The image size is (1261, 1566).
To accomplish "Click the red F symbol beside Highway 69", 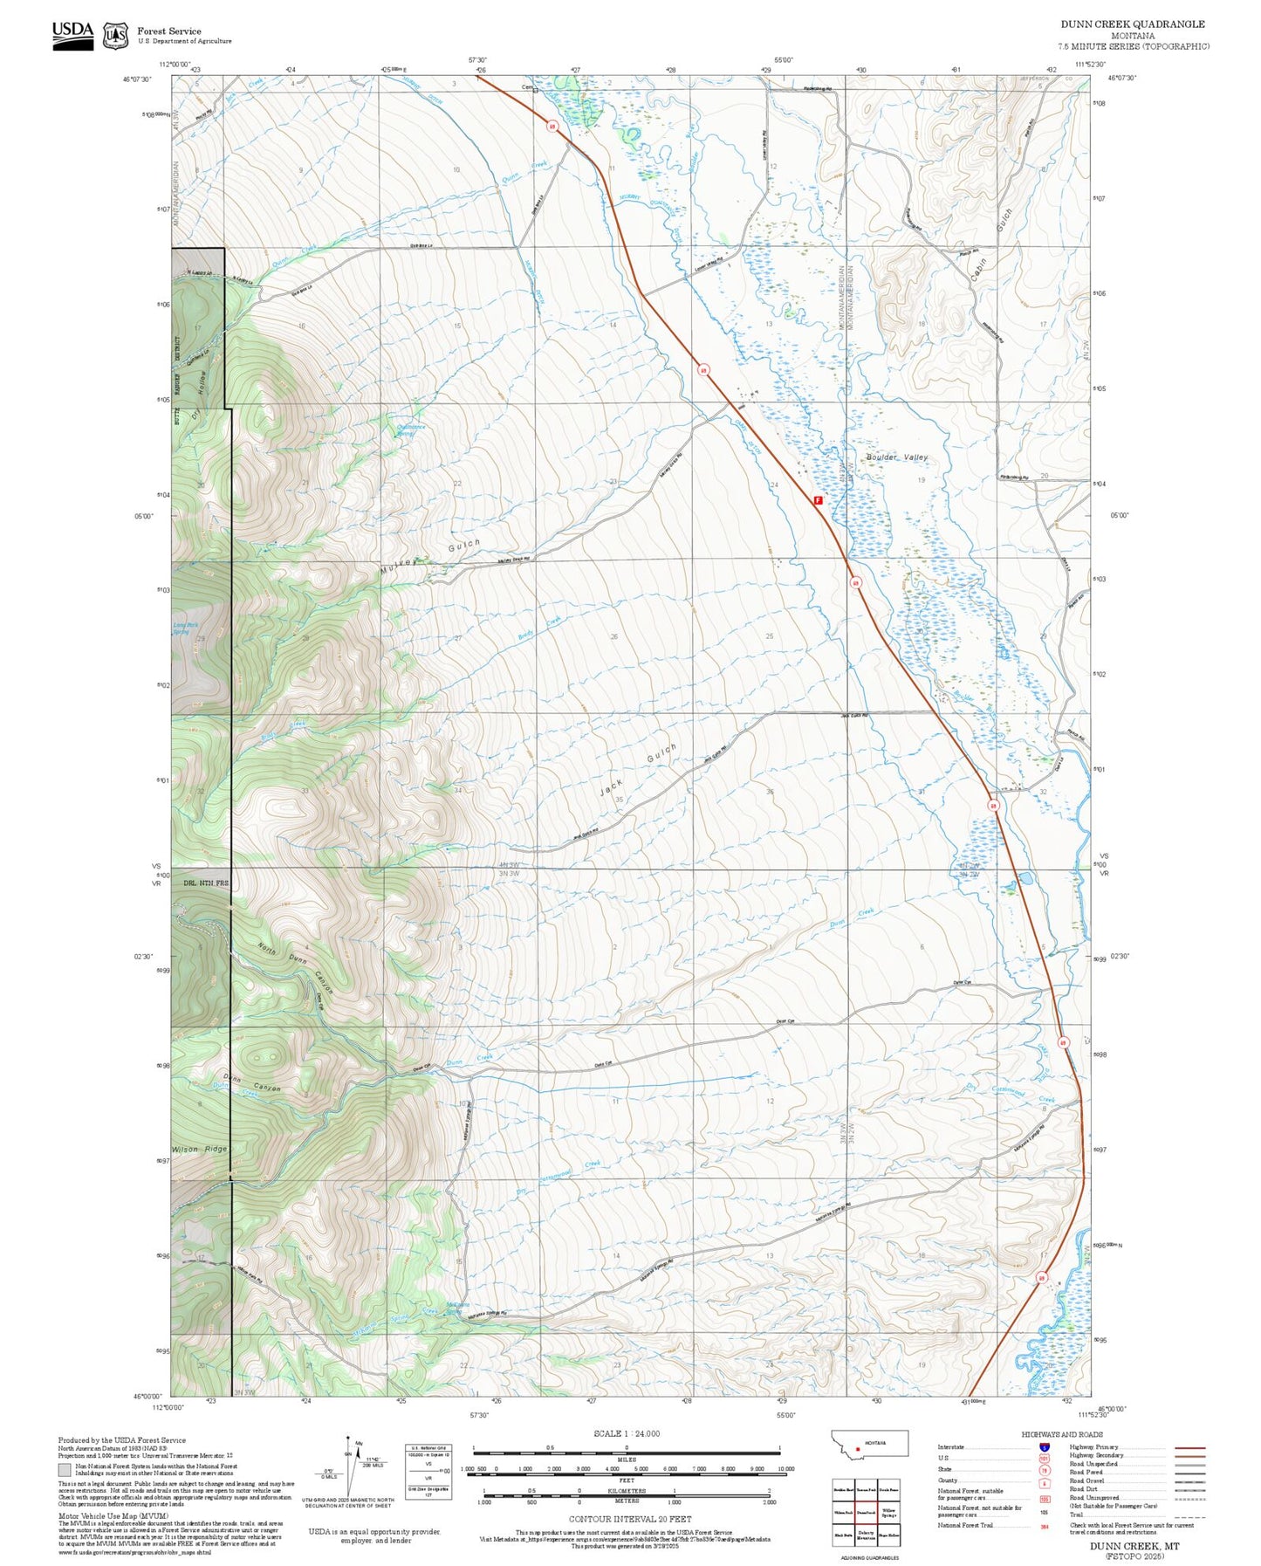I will pyautogui.click(x=818, y=501).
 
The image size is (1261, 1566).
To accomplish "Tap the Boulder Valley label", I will pyautogui.click(x=897, y=457).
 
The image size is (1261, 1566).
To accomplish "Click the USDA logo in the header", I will pyautogui.click(x=72, y=35).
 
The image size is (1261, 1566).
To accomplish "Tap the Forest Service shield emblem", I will pyautogui.click(x=115, y=36).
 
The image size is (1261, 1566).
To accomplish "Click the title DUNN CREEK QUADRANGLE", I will pyautogui.click(x=1132, y=24).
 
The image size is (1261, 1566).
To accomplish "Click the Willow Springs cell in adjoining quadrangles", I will pyautogui.click(x=888, y=1513).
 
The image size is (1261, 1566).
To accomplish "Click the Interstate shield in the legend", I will pyautogui.click(x=1044, y=1446).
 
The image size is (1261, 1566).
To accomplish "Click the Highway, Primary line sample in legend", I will pyautogui.click(x=1189, y=1447).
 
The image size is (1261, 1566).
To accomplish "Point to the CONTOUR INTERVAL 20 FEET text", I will pyautogui.click(x=630, y=1519).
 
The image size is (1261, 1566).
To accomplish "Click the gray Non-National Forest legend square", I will pyautogui.click(x=65, y=1470).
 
